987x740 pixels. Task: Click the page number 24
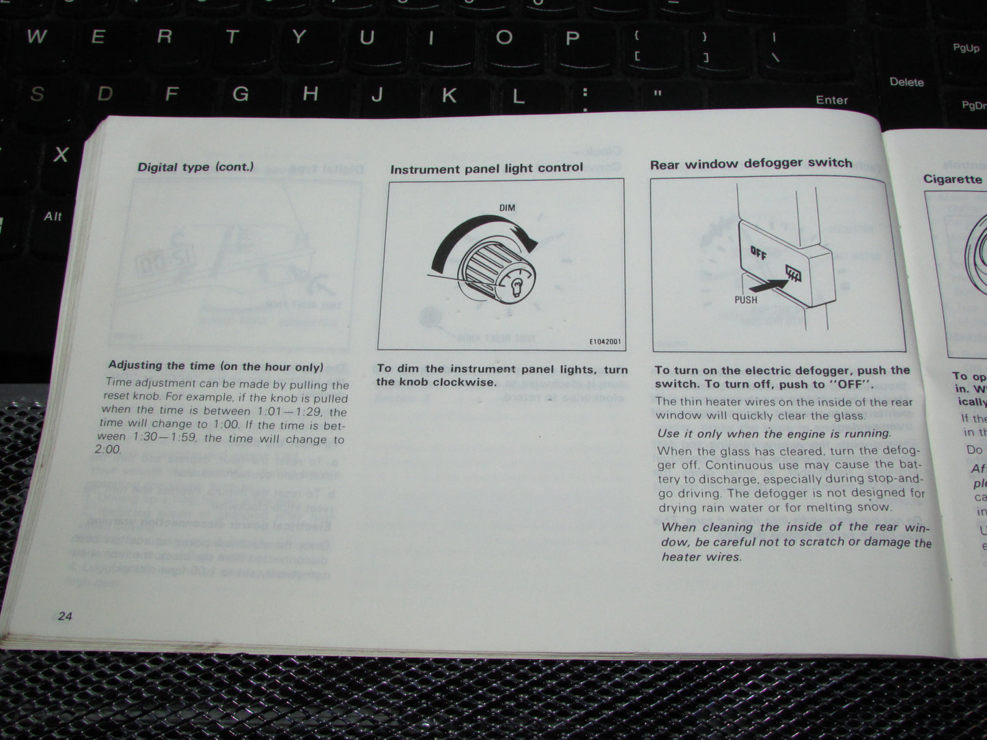pyautogui.click(x=65, y=616)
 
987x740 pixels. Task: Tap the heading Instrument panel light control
pyautogui.click(x=486, y=168)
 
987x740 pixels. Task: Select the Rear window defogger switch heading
pyautogui.click(x=751, y=164)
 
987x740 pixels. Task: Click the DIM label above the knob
pyautogui.click(x=507, y=207)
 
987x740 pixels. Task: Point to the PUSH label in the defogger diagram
pyautogui.click(x=746, y=299)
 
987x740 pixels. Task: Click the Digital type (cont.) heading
pyautogui.click(x=195, y=167)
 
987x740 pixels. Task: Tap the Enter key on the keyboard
pyautogui.click(x=831, y=100)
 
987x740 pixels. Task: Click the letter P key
pyautogui.click(x=572, y=38)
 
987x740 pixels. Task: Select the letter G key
pyautogui.click(x=240, y=93)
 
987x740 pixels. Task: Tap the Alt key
pyautogui.click(x=53, y=216)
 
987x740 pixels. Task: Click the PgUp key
pyautogui.click(x=966, y=48)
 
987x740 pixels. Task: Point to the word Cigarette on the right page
pyautogui.click(x=952, y=179)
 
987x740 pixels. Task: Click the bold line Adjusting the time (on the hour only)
pyautogui.click(x=216, y=367)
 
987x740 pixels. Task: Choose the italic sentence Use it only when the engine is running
pyautogui.click(x=774, y=433)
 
